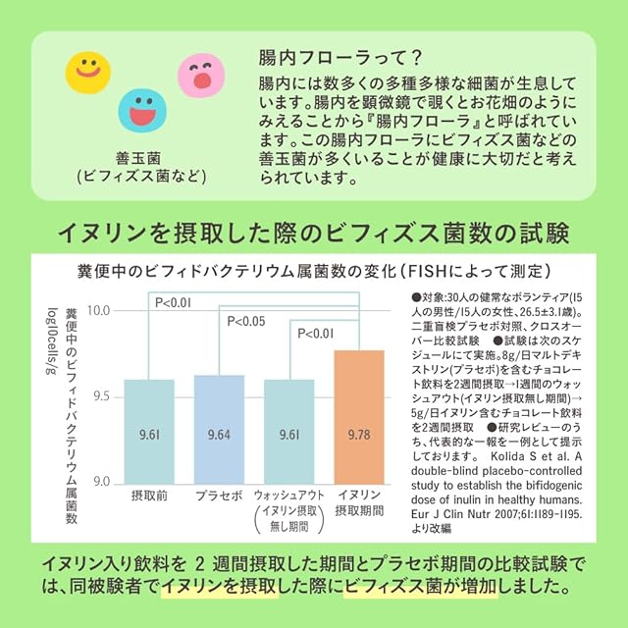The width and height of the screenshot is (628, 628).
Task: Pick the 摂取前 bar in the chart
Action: click(149, 431)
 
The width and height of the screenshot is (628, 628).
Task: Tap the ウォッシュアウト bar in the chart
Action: click(288, 431)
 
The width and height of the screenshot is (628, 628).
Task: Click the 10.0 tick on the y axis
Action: click(101, 311)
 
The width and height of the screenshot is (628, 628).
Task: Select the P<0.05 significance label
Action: click(246, 321)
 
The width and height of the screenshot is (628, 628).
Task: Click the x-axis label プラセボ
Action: click(219, 497)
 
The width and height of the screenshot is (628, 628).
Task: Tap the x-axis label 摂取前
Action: click(149, 497)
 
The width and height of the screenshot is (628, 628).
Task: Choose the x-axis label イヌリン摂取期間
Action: click(359, 504)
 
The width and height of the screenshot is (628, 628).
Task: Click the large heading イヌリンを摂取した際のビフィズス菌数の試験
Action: click(314, 234)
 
